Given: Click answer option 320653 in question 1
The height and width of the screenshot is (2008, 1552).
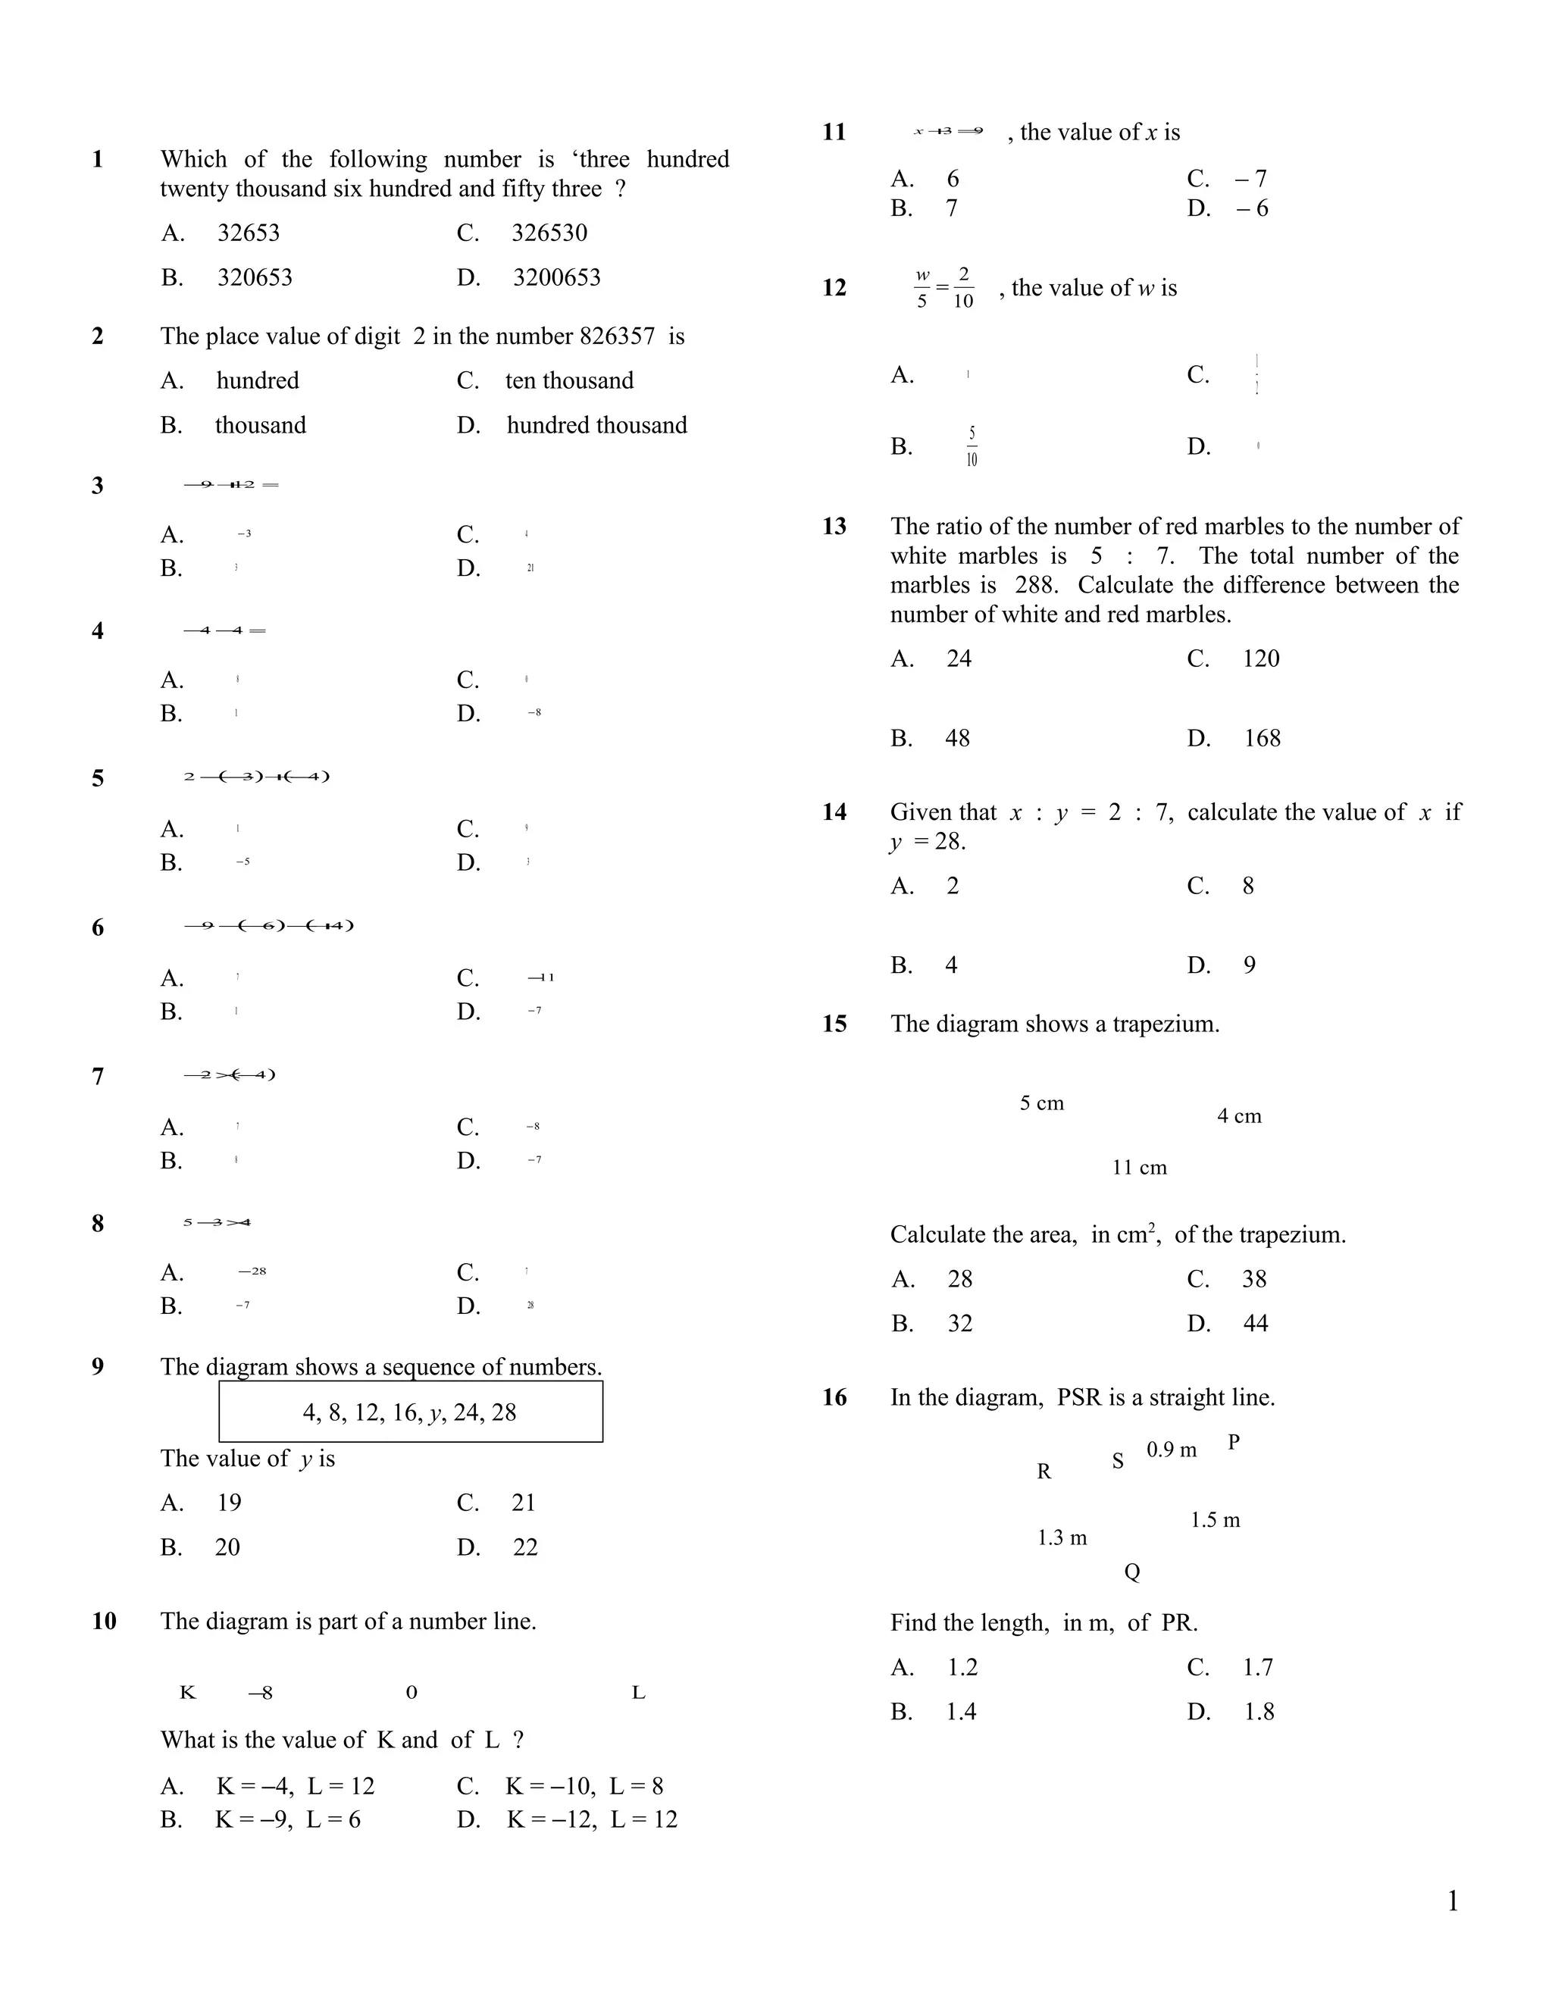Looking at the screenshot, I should point(254,277).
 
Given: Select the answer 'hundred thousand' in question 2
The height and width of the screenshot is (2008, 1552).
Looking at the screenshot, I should point(596,425).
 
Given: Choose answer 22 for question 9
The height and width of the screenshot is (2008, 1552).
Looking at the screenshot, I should point(525,1547).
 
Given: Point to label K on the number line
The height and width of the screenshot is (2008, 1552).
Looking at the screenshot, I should point(188,1693).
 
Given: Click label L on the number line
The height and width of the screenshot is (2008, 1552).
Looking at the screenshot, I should point(638,1693).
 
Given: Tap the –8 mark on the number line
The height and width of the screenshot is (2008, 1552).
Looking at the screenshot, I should point(260,1693).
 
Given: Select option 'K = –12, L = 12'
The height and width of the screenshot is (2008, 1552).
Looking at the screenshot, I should point(591,1819).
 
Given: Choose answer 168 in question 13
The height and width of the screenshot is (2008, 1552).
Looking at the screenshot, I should point(1262,737).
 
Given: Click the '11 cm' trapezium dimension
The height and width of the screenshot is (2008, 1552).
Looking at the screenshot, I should point(1139,1168).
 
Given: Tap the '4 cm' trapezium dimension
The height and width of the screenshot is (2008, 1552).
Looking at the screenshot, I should point(1239,1116).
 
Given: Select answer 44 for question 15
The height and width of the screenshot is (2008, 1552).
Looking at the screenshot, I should point(1255,1323).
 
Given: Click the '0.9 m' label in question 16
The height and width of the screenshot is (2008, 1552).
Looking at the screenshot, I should point(1172,1450).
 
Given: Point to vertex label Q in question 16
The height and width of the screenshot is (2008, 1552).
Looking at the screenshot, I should point(1132,1572).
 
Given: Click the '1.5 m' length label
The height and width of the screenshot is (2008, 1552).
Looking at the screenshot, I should point(1215,1520).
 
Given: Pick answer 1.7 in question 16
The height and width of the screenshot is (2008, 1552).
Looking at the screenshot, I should point(1257,1667).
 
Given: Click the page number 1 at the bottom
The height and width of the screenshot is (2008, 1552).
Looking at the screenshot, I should point(1453,1901).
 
